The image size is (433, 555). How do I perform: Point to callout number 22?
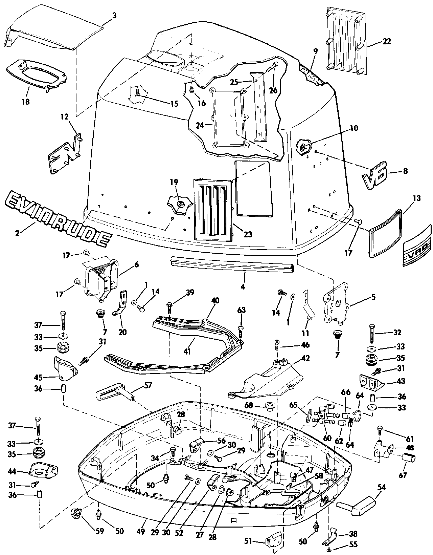pos(386,42)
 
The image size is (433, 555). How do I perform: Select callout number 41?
pos(187,351)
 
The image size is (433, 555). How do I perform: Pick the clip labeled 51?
pos(274,541)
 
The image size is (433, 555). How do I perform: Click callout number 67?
pos(403,475)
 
